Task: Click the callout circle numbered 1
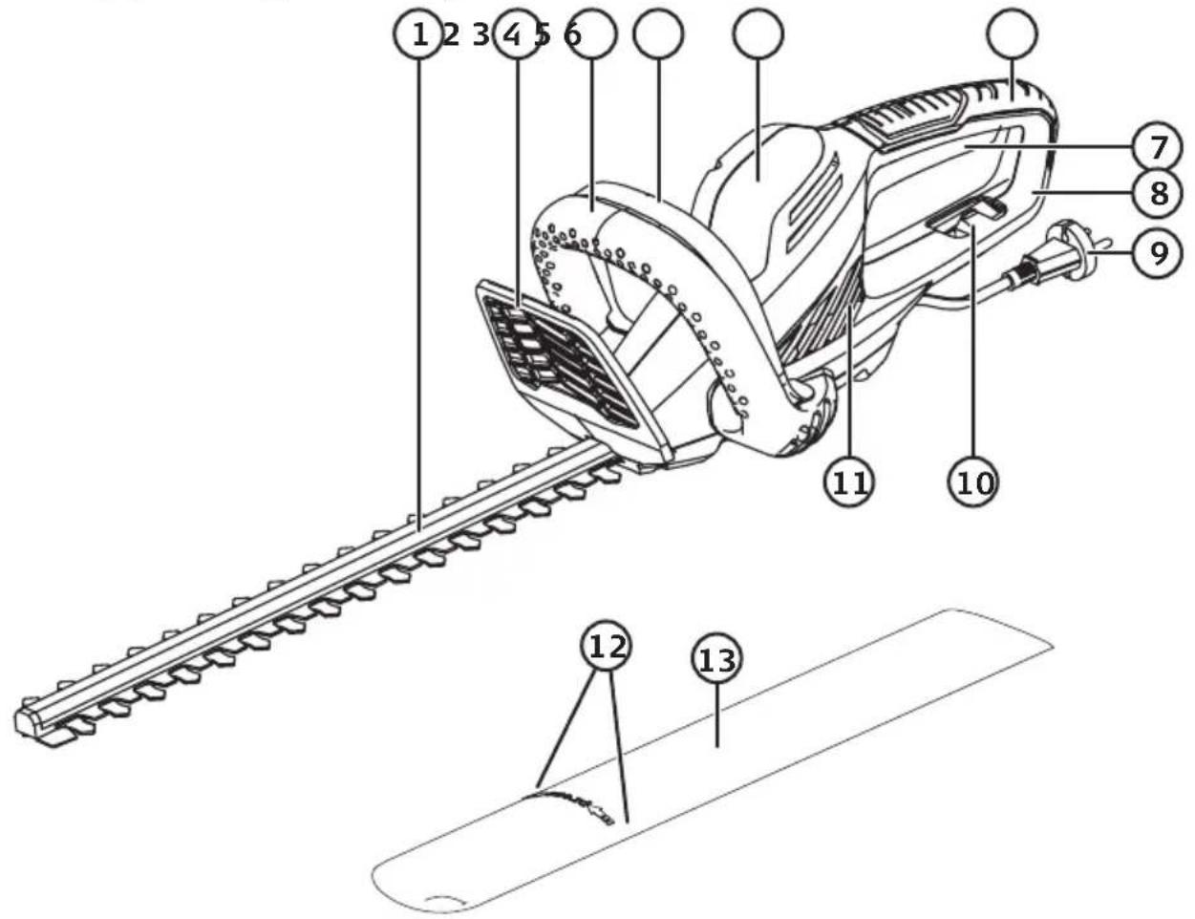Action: (418, 34)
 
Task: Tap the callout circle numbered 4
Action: (517, 34)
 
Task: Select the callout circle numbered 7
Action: (1157, 147)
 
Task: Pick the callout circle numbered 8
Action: (1157, 193)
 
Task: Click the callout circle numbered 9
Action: (1157, 253)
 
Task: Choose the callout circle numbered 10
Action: (973, 481)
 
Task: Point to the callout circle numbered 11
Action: (849, 481)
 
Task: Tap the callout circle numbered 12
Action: (606, 646)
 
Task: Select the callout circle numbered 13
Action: (716, 659)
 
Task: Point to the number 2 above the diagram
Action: (450, 35)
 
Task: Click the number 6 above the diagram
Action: (572, 35)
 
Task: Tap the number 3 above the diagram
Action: (481, 35)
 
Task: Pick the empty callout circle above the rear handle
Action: (1013, 34)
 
